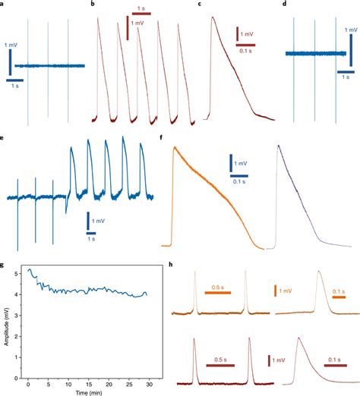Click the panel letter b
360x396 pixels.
(93, 4)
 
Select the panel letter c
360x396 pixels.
(200, 4)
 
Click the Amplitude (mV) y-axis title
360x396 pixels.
(5, 322)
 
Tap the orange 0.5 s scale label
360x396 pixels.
(217, 287)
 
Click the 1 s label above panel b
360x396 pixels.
(142, 7)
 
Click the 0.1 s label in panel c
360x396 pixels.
(245, 52)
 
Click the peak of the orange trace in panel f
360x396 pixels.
(175, 147)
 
